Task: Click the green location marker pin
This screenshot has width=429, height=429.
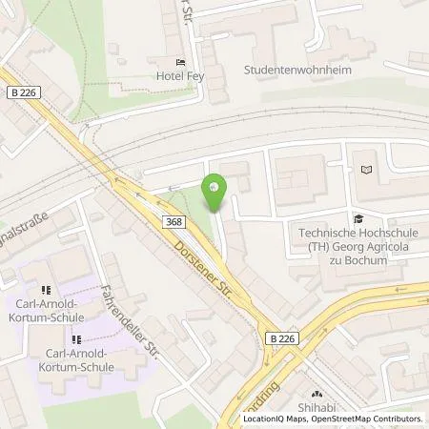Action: tap(216, 191)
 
